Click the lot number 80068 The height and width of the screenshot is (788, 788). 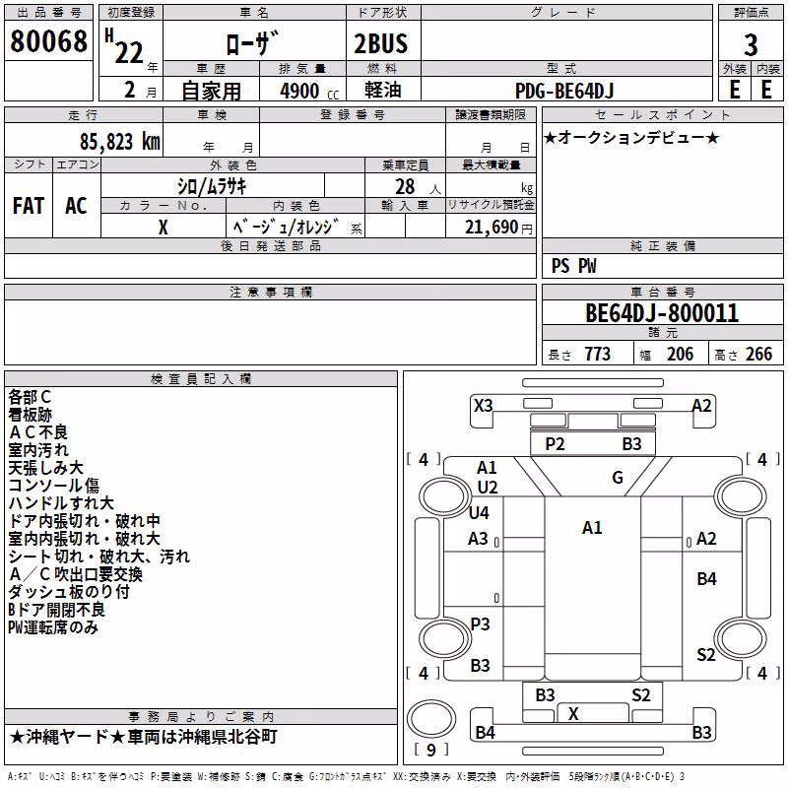(48, 41)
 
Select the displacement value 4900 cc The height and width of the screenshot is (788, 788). (309, 91)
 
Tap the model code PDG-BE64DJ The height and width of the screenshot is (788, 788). (564, 91)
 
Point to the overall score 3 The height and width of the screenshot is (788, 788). (751, 45)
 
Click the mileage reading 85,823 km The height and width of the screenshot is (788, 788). (119, 142)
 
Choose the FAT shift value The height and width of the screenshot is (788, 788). (29, 206)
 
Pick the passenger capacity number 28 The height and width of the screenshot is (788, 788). (405, 187)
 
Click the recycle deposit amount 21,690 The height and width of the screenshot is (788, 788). (491, 228)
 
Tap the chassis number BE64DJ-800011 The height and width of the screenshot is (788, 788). (662, 313)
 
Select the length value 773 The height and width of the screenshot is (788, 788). (597, 355)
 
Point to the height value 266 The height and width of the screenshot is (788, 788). (758, 355)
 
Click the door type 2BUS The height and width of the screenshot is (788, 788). (380, 43)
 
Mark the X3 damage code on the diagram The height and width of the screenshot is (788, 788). (483, 406)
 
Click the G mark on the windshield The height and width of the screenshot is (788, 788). (618, 478)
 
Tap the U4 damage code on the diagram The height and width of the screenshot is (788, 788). (479, 513)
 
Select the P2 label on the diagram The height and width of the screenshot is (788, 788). (555, 444)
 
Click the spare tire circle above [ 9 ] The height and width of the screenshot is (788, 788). (431, 719)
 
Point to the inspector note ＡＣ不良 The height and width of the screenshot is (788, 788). (38, 432)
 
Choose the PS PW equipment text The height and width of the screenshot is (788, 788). (573, 266)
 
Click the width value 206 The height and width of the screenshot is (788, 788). (680, 355)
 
